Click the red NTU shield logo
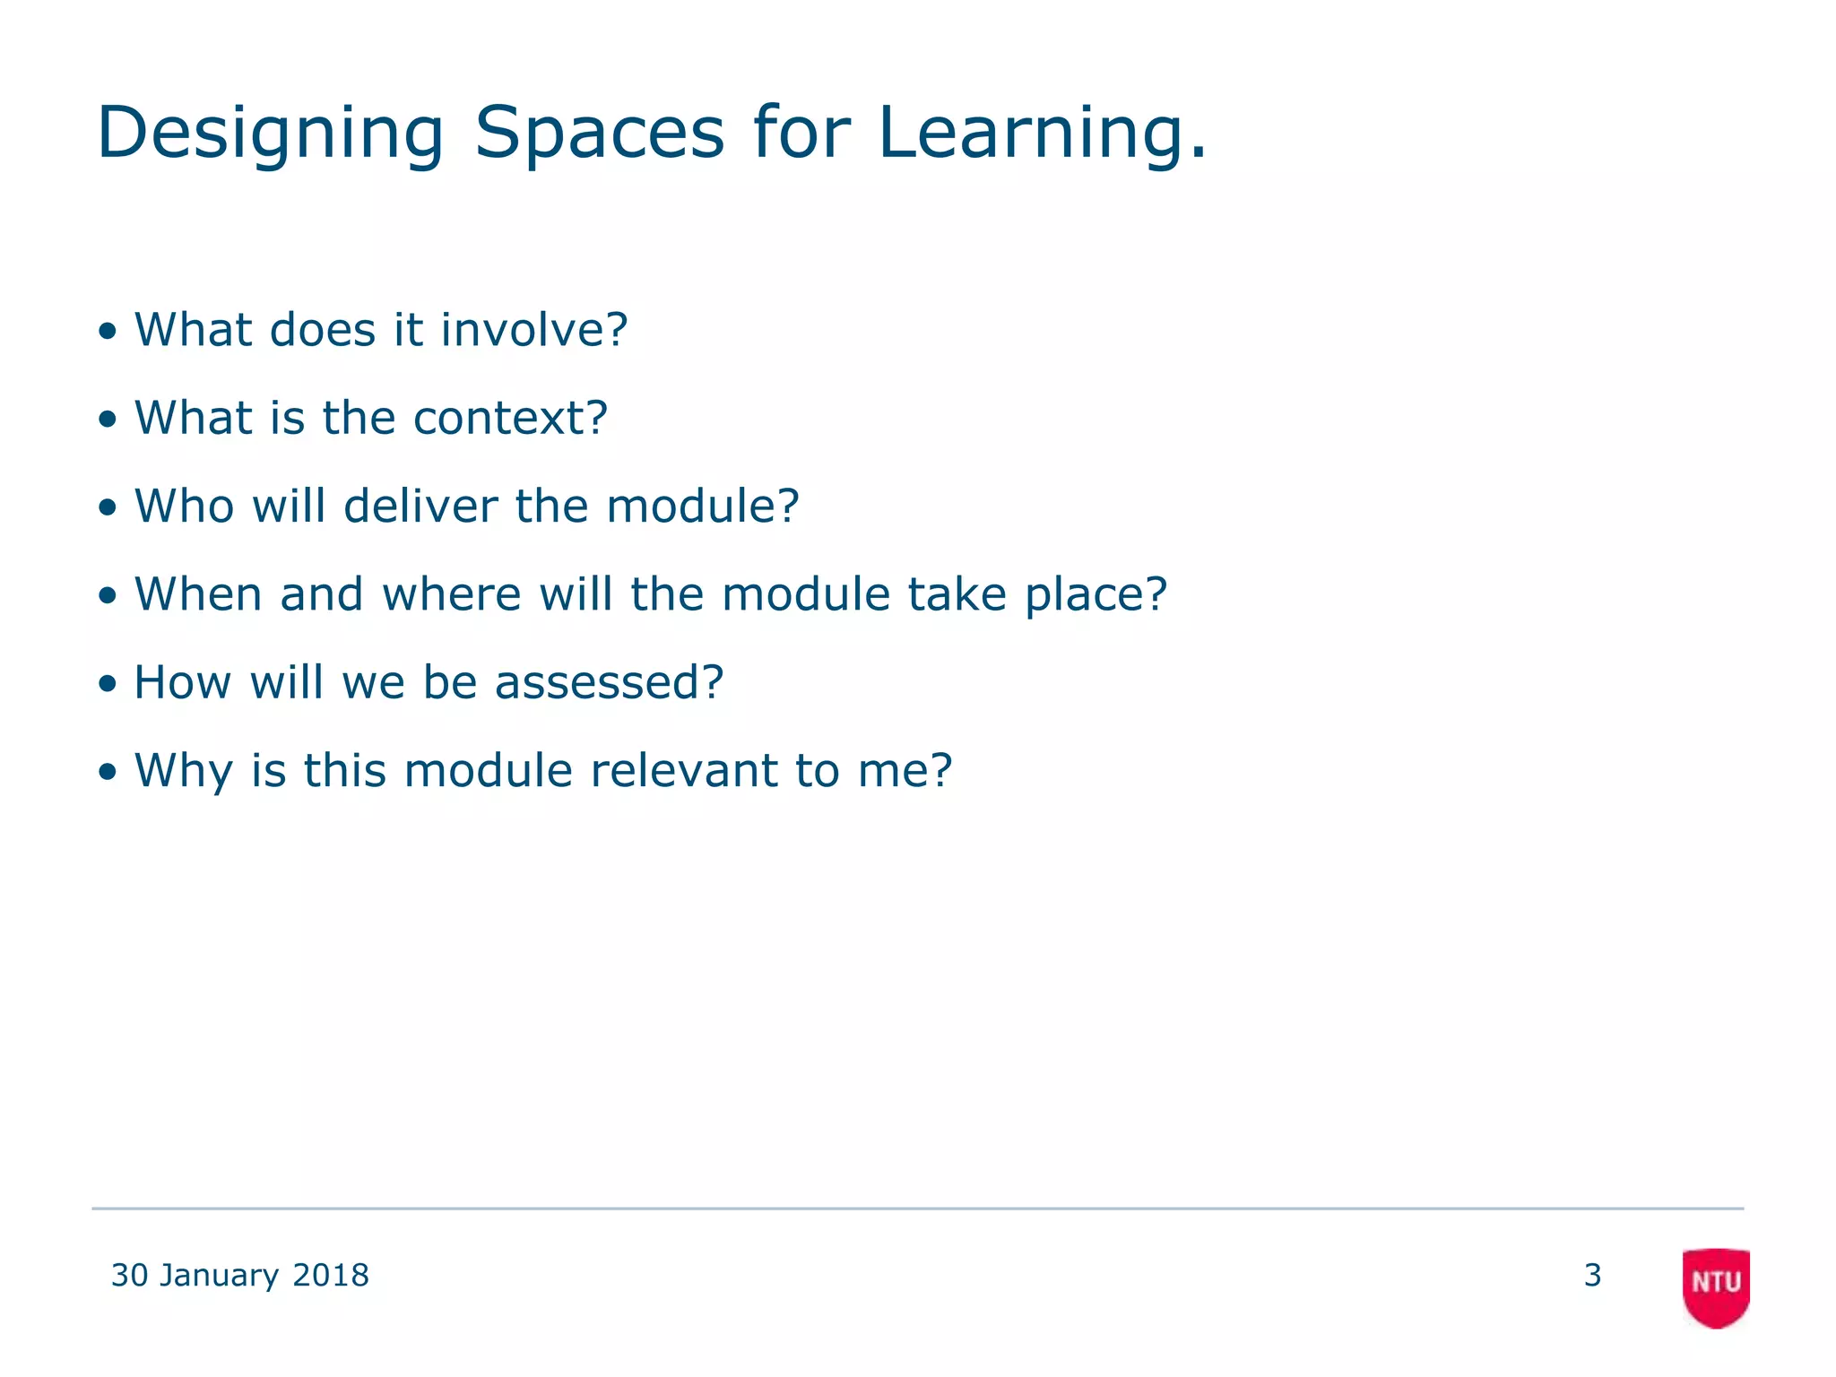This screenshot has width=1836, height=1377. tap(1716, 1286)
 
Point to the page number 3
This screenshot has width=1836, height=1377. tap(1592, 1275)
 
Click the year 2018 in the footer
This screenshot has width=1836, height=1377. tap(331, 1275)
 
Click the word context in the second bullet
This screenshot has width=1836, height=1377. tap(509, 418)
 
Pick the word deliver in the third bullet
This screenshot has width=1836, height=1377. tap(419, 506)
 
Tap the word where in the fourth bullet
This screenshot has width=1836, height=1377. tap(451, 594)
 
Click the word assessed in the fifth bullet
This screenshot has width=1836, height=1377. tap(608, 682)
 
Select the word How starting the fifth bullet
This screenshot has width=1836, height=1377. tap(182, 682)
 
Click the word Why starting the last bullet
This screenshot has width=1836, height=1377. tap(183, 770)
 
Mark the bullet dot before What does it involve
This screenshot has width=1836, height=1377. tap(108, 332)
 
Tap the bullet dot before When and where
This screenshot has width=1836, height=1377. tap(108, 596)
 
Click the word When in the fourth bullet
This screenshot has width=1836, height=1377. tap(198, 594)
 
